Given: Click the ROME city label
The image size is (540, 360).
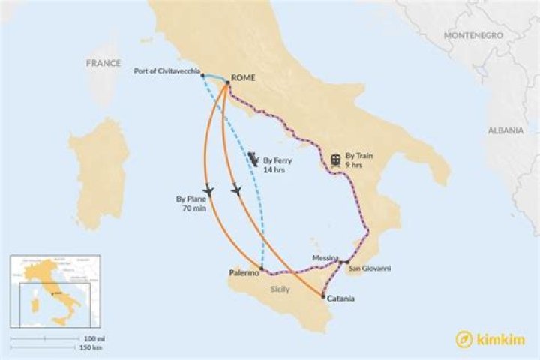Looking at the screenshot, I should pos(244,77).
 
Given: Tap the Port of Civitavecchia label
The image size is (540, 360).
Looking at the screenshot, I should pos(166,71).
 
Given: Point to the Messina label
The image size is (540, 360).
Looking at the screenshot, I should pos(325,257).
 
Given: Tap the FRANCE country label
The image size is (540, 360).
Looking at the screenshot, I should pos(103,63).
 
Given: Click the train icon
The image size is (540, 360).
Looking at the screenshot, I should pos(335,159).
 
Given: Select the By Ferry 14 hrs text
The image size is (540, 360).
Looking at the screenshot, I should pos(277,165).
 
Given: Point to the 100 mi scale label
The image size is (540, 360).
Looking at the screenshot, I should pos(94,339).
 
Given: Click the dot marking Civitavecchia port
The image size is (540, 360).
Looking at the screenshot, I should pos(203,75).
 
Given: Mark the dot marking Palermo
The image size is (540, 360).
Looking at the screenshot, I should pos(261,268).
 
